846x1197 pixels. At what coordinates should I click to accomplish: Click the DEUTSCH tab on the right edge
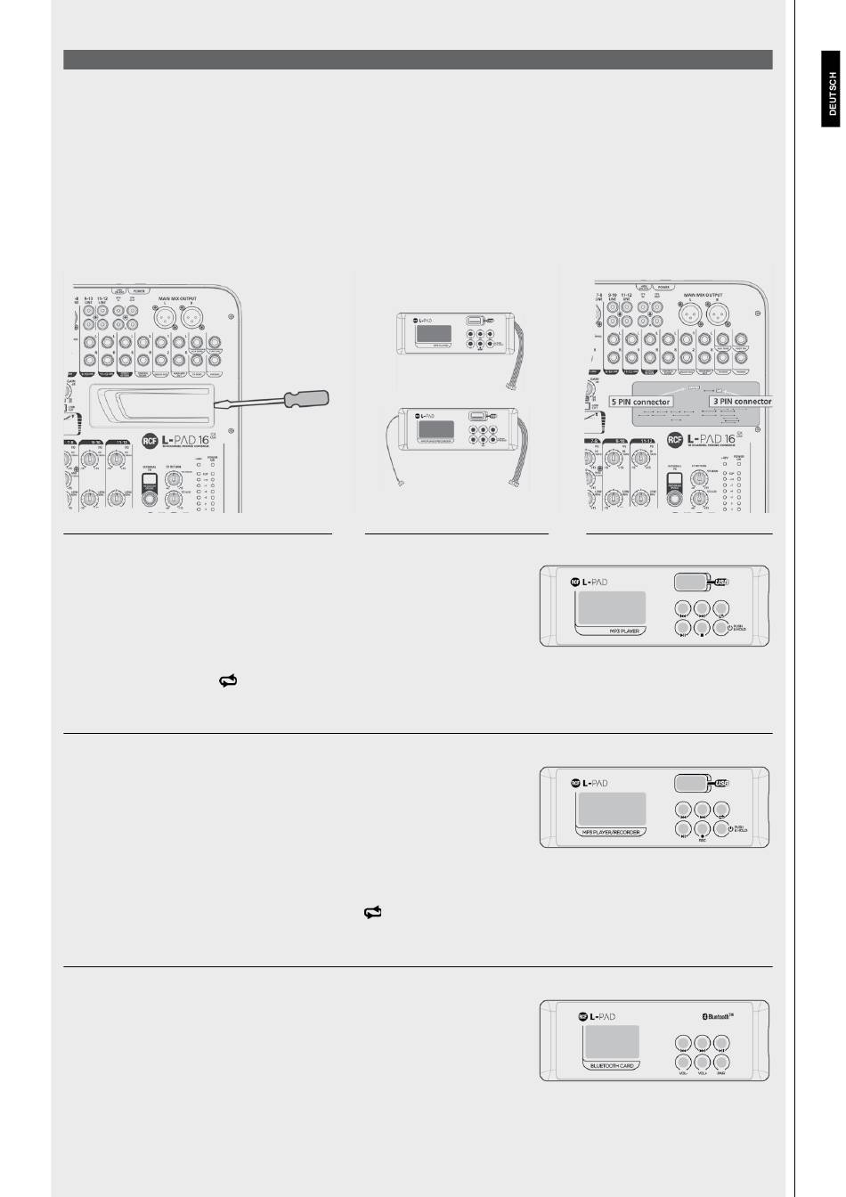click(x=832, y=94)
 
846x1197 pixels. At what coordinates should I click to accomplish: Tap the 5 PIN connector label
click(x=640, y=402)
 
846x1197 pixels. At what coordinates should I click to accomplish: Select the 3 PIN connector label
click(x=741, y=402)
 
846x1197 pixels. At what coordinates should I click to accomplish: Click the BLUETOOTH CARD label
click(x=613, y=1064)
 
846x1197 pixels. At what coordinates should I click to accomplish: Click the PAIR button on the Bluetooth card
click(x=721, y=1062)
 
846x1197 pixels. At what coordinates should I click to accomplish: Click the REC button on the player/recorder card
click(x=702, y=830)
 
